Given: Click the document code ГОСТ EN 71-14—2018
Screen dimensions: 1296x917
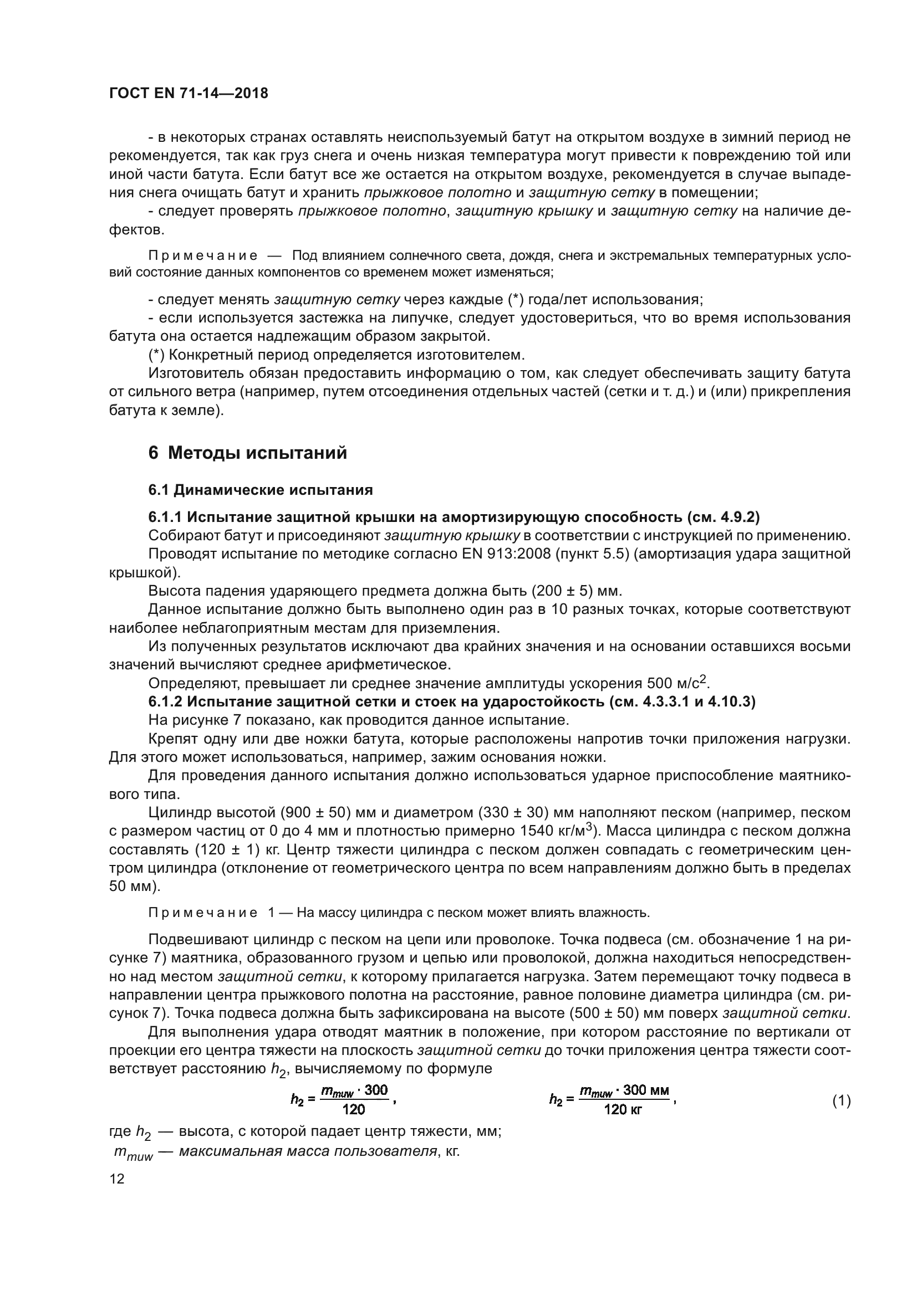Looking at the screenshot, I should pos(189,93).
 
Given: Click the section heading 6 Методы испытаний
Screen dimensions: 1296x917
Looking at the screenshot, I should pos(247,453).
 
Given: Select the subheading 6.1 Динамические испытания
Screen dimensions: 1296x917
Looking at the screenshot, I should pos(261,490).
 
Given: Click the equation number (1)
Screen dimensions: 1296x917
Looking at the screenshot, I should pos(842,1101).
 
